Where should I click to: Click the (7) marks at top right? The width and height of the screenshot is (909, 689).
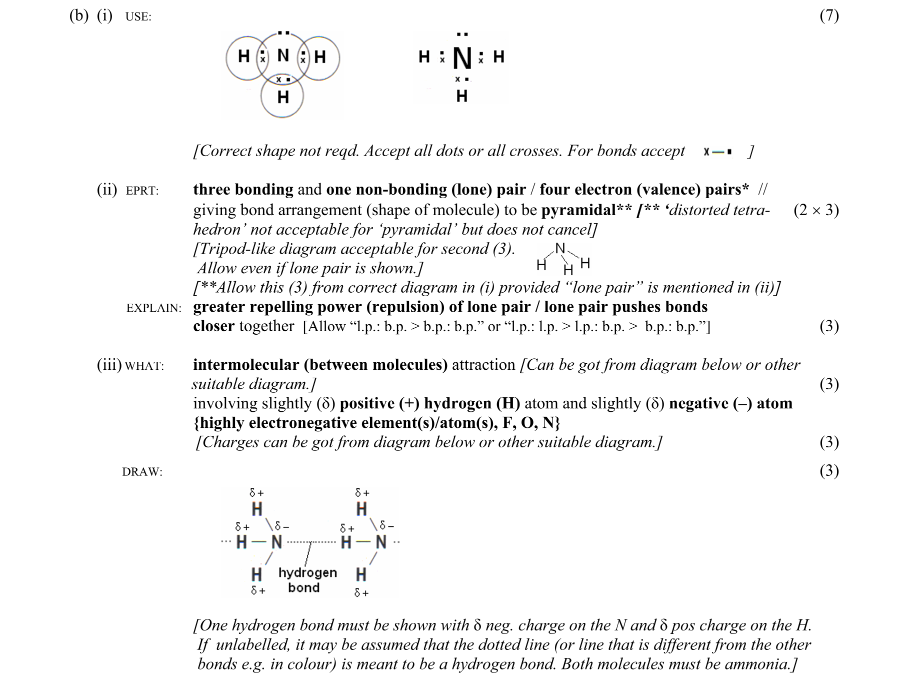pyautogui.click(x=829, y=16)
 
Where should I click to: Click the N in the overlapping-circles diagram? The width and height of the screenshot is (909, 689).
pyautogui.click(x=283, y=55)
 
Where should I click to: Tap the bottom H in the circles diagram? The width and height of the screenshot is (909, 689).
pyautogui.click(x=283, y=97)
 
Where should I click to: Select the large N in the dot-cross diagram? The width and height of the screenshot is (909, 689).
pyautogui.click(x=462, y=59)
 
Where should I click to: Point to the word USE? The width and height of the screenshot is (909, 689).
pyautogui.click(x=138, y=17)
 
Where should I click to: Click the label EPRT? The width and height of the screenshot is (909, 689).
pyautogui.click(x=142, y=191)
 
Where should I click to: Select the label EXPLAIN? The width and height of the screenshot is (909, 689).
pyautogui.click(x=154, y=308)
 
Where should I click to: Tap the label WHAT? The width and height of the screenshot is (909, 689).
pyautogui.click(x=144, y=366)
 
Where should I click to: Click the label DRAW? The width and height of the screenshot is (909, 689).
pyautogui.click(x=142, y=472)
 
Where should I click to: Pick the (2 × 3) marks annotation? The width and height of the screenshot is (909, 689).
pyautogui.click(x=816, y=210)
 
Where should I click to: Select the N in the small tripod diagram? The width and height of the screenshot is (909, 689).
pyautogui.click(x=560, y=249)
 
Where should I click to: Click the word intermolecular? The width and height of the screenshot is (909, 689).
pyautogui.click(x=246, y=365)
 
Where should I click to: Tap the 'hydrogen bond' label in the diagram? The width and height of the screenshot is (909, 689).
pyautogui.click(x=307, y=580)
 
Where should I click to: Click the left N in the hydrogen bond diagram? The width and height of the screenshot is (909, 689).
pyautogui.click(x=276, y=541)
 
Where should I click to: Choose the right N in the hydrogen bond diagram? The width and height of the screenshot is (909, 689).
pyautogui.click(x=381, y=541)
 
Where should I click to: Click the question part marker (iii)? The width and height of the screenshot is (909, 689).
pyautogui.click(x=109, y=365)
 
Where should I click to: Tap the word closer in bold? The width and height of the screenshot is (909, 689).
pyautogui.click(x=213, y=326)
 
